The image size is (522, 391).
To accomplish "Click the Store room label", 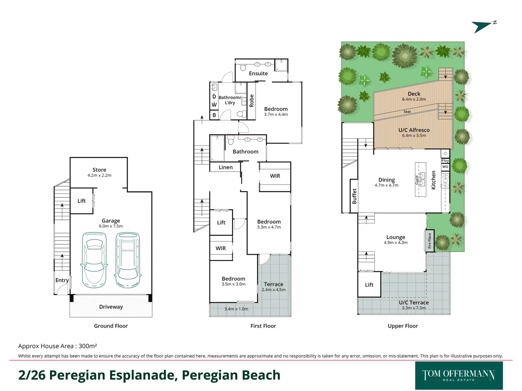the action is [99, 170].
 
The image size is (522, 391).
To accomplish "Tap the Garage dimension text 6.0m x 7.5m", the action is [111, 226].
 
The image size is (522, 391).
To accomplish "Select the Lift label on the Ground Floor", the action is [81, 201].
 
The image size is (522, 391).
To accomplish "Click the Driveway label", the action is [111, 307].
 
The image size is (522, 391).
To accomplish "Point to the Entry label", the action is [62, 280].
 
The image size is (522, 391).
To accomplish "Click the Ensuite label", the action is [258, 73].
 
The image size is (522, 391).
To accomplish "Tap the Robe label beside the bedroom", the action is [251, 101].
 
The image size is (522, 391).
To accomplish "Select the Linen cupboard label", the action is [225, 167].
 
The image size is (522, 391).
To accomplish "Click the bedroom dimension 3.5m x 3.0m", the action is [233, 284].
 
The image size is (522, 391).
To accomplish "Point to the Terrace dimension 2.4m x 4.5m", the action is [273, 290].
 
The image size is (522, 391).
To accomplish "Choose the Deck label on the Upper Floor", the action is [414, 94].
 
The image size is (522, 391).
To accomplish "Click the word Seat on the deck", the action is [407, 112].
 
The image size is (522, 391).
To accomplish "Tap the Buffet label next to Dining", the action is [354, 196].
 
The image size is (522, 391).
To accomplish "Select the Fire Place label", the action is [430, 241].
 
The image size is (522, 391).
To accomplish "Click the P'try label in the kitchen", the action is [445, 161].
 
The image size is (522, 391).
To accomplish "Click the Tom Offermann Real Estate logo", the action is [459, 375].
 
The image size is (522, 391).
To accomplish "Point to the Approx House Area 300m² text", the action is [58, 346].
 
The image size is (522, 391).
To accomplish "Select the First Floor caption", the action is [263, 326].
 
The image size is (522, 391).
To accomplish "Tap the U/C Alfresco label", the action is [414, 130].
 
